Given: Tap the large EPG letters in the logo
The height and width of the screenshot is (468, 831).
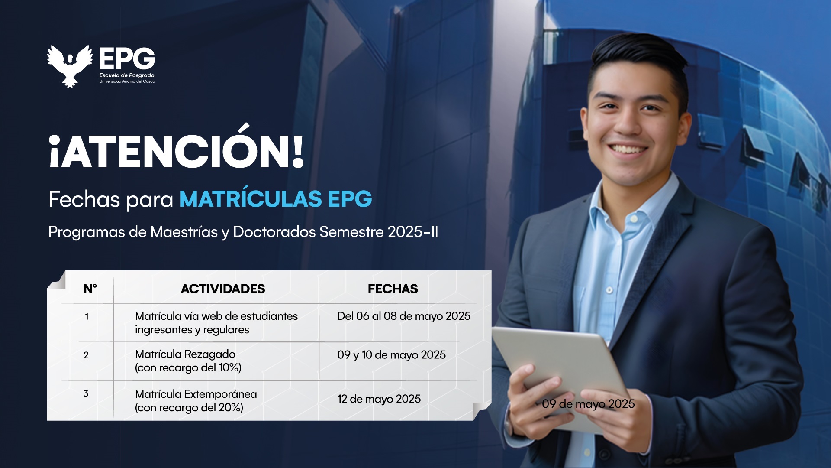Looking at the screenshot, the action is coord(127,58).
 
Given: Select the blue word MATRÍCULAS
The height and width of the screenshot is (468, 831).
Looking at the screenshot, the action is coord(251,199).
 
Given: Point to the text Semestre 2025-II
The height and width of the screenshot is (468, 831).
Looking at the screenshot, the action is coord(379,232).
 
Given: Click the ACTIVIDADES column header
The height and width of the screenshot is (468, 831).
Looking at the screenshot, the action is coord(223,289).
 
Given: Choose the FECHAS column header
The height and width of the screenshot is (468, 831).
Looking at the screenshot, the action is coord(393,289).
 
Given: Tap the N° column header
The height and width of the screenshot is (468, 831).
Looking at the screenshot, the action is coord(90,289).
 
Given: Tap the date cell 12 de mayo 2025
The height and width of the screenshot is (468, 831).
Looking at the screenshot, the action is coord(379,399).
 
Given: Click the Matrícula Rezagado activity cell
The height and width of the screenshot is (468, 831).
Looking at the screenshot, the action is coord(188,361).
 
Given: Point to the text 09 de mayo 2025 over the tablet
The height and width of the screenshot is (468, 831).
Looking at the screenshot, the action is coord(588,404).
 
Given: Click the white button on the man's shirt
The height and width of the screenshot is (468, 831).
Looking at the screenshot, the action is coord(609,290).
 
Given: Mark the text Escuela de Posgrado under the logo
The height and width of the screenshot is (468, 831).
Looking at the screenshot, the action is coord(127,75).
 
